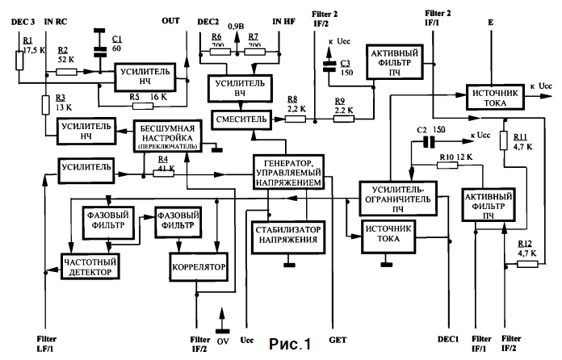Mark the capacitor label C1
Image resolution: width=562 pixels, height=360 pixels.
(x=116, y=39)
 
